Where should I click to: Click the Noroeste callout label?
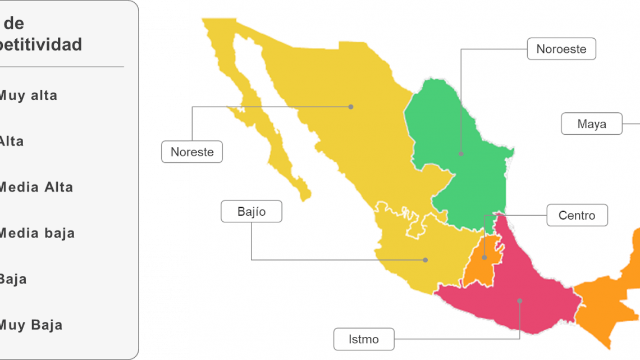[561, 49]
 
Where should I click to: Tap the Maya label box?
[592, 124]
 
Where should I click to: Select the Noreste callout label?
[192, 152]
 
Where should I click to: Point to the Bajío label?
[252, 212]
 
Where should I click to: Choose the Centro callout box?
[577, 215]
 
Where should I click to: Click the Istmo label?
[364, 339]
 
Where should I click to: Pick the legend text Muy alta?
[28, 95]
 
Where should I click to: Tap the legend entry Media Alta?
[36, 187]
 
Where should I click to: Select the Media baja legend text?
[36, 233]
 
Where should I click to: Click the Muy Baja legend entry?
[30, 325]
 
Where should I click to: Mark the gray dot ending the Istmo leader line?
[520, 300]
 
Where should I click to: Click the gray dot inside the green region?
[461, 153]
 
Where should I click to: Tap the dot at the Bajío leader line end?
[426, 260]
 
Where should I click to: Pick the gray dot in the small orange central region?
[484, 258]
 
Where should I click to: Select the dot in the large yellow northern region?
[351, 107]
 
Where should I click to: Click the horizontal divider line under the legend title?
[62, 67]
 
